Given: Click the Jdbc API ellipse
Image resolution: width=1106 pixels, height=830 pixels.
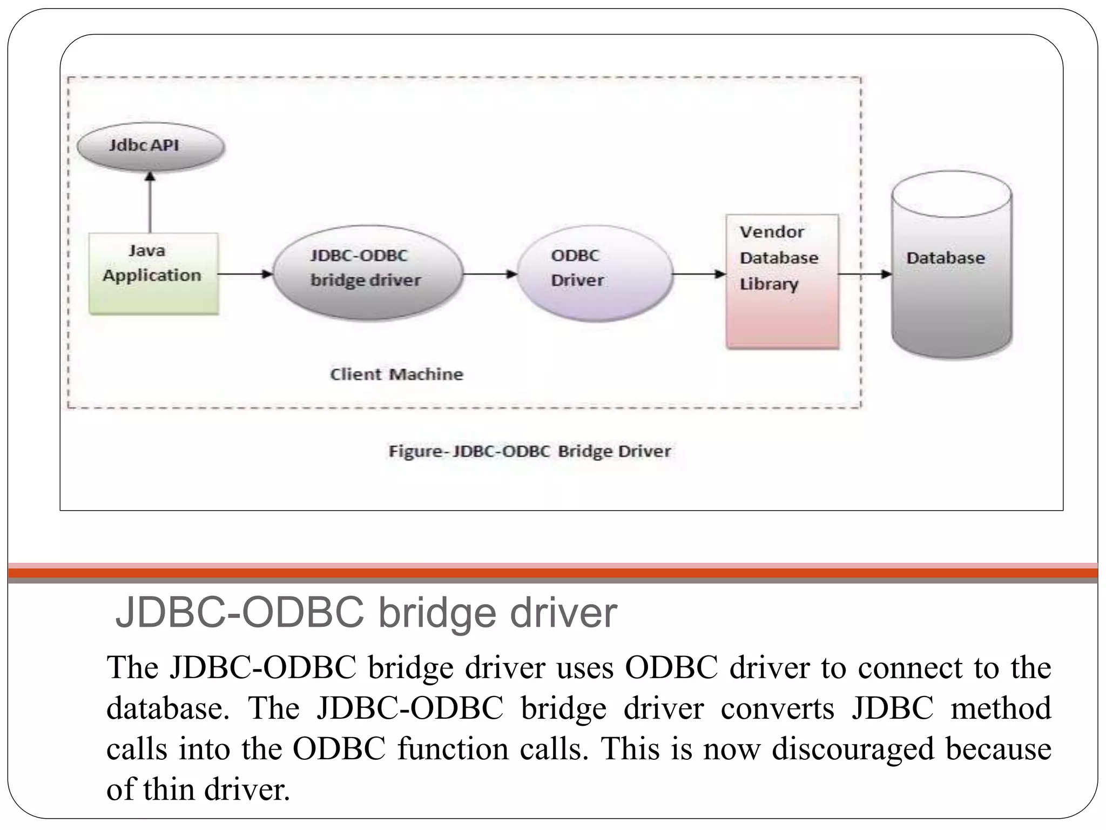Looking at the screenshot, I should pyautogui.click(x=150, y=146).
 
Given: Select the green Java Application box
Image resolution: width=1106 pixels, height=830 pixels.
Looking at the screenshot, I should pyautogui.click(x=153, y=274).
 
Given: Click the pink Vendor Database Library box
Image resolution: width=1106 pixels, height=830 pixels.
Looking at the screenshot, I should pyautogui.click(x=783, y=281).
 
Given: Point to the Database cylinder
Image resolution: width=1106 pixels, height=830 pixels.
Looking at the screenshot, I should pyautogui.click(x=951, y=265).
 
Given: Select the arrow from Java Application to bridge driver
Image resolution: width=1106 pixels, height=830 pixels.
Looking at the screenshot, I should pyautogui.click(x=245, y=274).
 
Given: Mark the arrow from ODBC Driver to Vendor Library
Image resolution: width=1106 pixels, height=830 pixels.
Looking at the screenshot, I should pyautogui.click(x=699, y=274).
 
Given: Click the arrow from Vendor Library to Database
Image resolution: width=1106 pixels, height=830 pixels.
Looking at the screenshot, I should pyautogui.click(x=864, y=274).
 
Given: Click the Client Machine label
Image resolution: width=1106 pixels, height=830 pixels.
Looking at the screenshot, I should pyautogui.click(x=397, y=374).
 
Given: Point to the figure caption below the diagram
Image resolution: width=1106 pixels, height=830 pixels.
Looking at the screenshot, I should pyautogui.click(x=529, y=451).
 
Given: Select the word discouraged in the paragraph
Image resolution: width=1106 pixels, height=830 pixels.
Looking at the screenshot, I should pyautogui.click(x=853, y=749).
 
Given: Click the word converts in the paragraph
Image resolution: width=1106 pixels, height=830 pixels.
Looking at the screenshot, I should pyautogui.click(x=777, y=708).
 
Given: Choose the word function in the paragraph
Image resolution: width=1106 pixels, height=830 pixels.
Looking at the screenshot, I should pyautogui.click(x=453, y=749).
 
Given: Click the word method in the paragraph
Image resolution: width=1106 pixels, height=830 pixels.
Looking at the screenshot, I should pyautogui.click(x=1000, y=708).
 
